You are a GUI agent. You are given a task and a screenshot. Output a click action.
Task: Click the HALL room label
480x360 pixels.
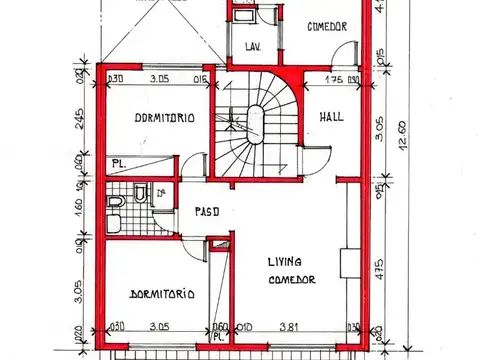click(x=332, y=117)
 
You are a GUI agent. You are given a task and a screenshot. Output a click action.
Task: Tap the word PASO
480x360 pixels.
click(x=196, y=210)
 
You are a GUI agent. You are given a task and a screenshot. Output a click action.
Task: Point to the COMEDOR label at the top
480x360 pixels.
click(x=327, y=27)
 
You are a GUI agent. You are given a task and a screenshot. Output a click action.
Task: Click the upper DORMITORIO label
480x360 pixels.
click(x=163, y=117)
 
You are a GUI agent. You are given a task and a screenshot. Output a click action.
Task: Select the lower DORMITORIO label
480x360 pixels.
click(x=162, y=294)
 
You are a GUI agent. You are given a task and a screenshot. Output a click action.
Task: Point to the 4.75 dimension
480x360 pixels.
click(x=381, y=268)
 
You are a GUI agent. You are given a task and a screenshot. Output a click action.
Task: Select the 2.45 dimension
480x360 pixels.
click(x=77, y=125)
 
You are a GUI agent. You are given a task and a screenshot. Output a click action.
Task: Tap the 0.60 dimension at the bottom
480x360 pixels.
click(x=221, y=325)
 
